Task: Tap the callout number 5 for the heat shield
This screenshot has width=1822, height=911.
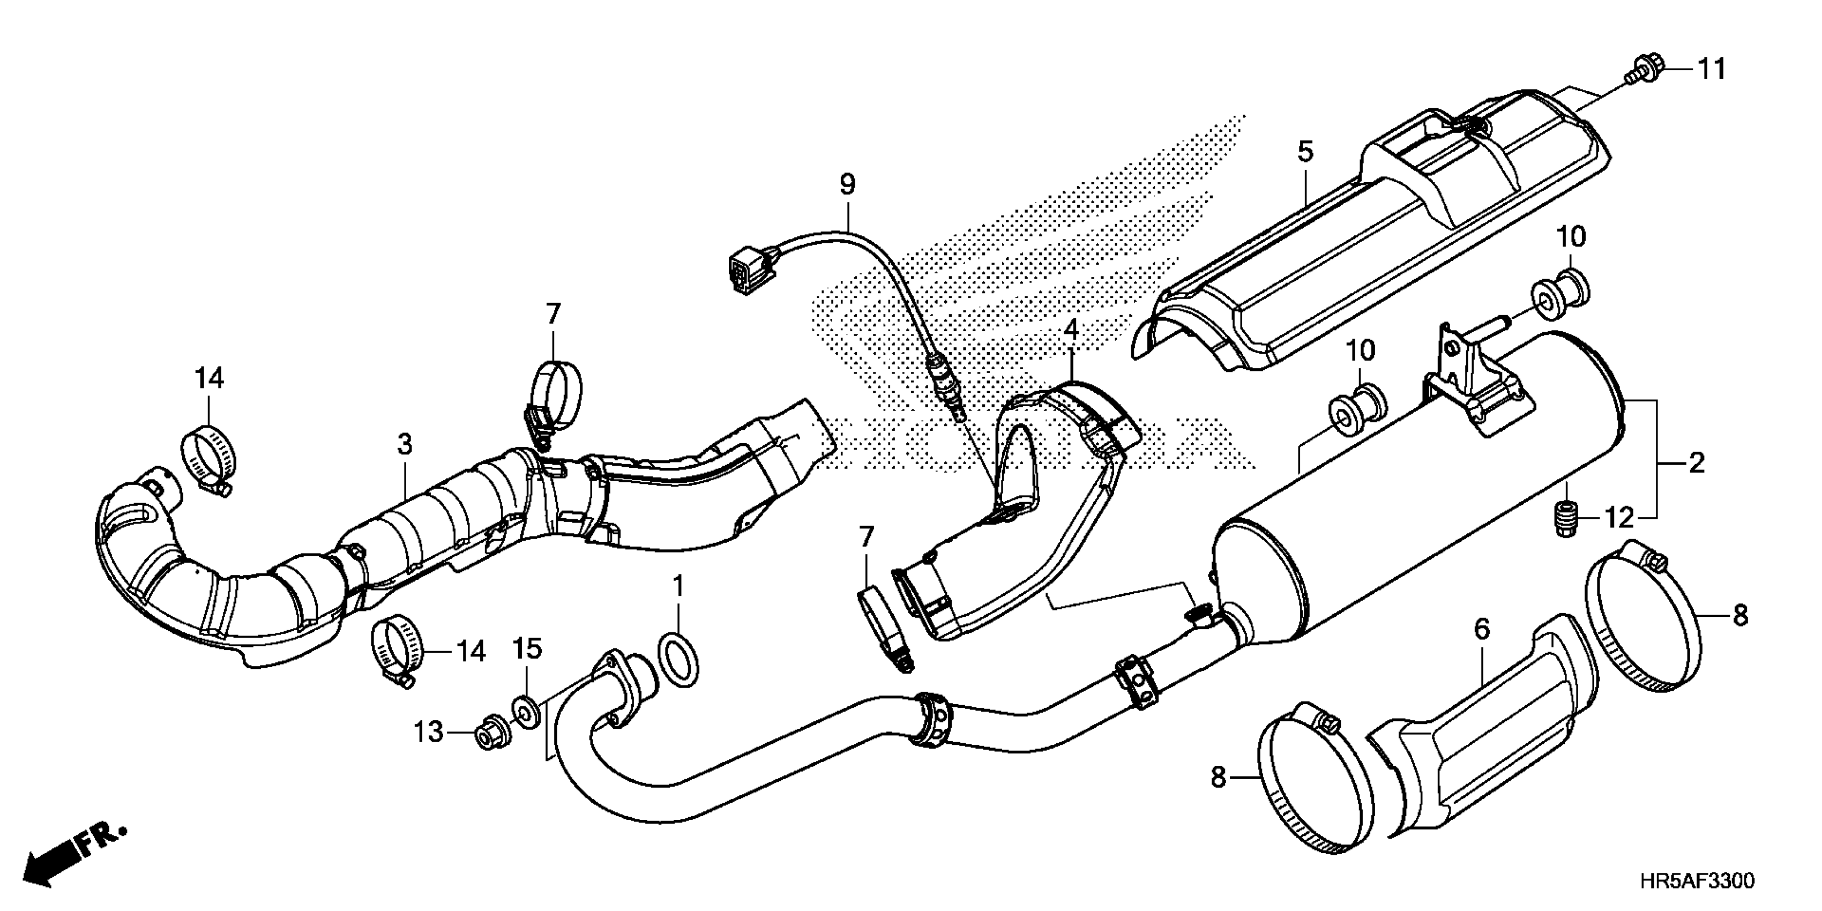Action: coord(1305,152)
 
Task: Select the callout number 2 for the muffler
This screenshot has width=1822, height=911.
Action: coord(1696,464)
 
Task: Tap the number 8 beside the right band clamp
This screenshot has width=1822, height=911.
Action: coord(1740,615)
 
